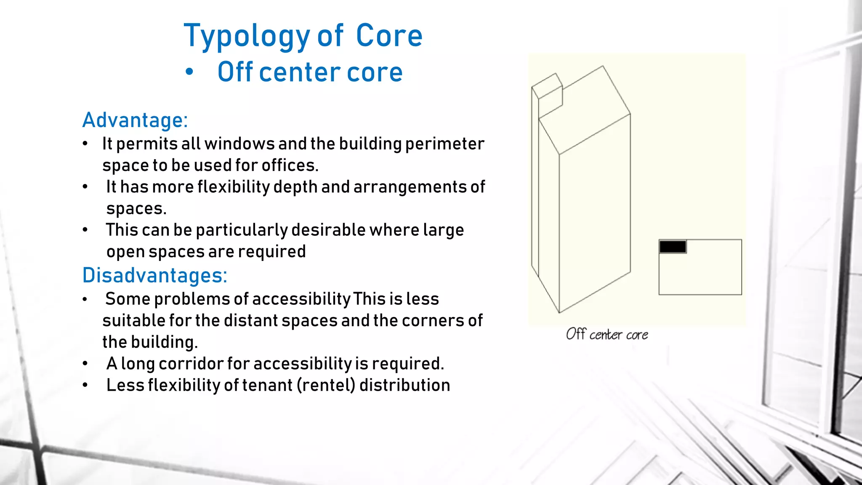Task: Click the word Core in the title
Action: click(x=389, y=36)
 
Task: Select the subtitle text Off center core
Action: click(x=310, y=72)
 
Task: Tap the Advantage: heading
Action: click(x=135, y=120)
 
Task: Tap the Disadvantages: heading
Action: click(x=155, y=276)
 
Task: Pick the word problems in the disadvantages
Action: click(x=192, y=299)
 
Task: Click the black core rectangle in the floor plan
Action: click(x=673, y=247)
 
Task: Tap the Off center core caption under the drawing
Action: click(x=607, y=335)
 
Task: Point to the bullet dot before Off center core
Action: click(x=189, y=72)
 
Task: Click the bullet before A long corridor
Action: click(x=85, y=364)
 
